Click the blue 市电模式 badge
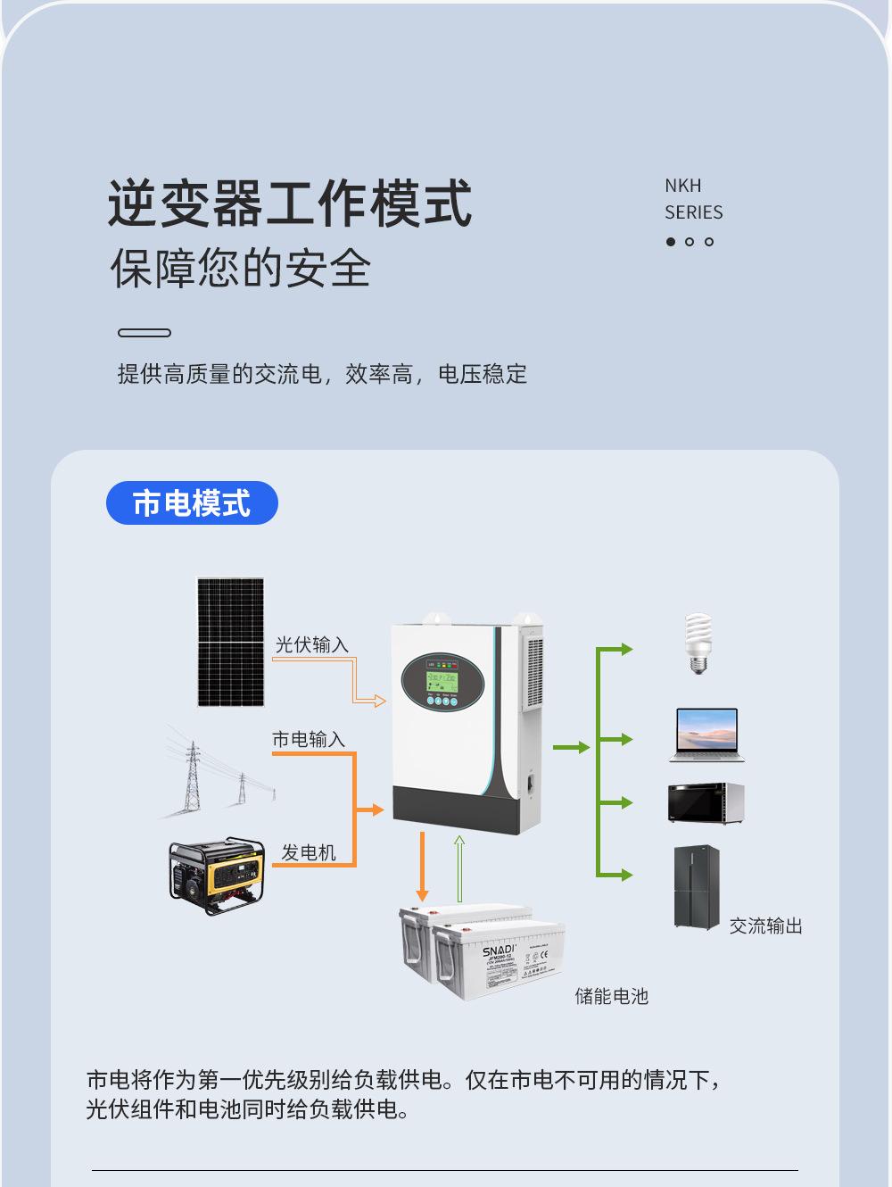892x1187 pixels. click(192, 503)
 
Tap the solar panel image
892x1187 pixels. click(230, 642)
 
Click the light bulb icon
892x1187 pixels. click(698, 643)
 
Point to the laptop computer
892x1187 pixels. click(707, 735)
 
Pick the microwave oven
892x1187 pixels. click(706, 802)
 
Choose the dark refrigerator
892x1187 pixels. click(697, 888)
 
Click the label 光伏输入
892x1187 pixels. click(311, 644)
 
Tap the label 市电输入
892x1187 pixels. click(308, 739)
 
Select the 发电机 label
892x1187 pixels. click(309, 852)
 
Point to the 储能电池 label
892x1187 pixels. click(611, 996)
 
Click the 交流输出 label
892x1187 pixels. click(765, 926)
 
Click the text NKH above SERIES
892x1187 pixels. click(682, 186)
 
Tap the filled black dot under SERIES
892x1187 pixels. click(671, 242)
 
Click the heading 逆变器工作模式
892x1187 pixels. click(290, 203)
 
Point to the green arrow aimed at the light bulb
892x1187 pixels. click(615, 649)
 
